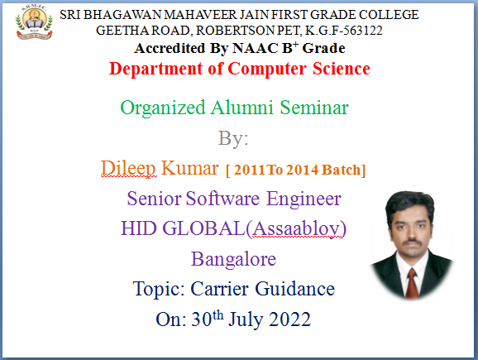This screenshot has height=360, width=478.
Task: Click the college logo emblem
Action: [34, 23]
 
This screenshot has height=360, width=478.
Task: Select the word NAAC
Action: [256, 48]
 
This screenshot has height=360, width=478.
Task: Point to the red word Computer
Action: [267, 70]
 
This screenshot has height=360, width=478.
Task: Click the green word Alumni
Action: [242, 108]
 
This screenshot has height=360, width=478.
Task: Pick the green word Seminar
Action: [314, 108]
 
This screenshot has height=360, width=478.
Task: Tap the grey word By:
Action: [233, 139]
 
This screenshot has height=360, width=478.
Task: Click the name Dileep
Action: [128, 168]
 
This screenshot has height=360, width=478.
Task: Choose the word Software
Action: [222, 199]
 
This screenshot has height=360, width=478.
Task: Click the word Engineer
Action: [304, 199]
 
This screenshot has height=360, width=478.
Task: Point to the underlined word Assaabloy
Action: [296, 228]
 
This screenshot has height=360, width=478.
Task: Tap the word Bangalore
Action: [233, 260]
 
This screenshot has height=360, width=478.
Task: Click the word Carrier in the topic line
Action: [219, 289]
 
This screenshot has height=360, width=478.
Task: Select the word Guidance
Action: [294, 289]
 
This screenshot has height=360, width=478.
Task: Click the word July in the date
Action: [246, 320]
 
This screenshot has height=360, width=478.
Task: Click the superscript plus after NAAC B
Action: [296, 45]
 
